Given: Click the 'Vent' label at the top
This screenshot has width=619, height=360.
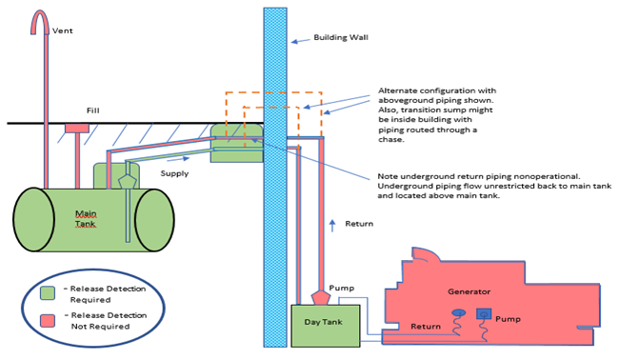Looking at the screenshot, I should tap(63, 30).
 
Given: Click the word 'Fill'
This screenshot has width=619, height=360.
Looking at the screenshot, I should tap(93, 110).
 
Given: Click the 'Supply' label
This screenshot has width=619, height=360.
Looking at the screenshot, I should tap(174, 173).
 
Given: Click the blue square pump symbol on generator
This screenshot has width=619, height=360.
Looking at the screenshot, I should tap(484, 313).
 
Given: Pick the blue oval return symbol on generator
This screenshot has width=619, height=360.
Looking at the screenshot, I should tap(457, 312).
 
